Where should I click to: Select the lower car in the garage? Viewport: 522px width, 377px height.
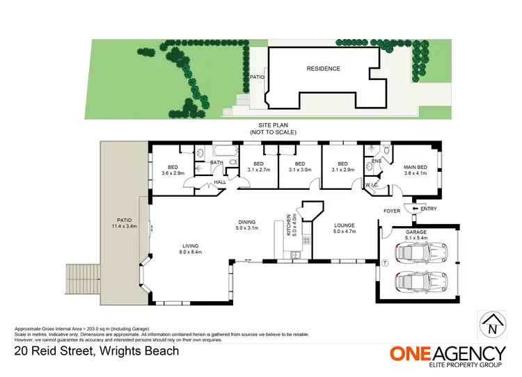419,282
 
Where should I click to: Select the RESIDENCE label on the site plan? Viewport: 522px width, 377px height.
324,69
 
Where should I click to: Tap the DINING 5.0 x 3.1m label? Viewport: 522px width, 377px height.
246,224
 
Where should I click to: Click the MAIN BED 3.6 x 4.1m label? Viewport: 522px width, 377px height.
416,170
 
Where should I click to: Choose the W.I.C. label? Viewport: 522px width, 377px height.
370,185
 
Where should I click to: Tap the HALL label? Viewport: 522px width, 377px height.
219,182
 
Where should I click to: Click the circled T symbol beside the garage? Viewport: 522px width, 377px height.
383,262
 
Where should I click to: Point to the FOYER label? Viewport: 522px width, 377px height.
391,211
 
